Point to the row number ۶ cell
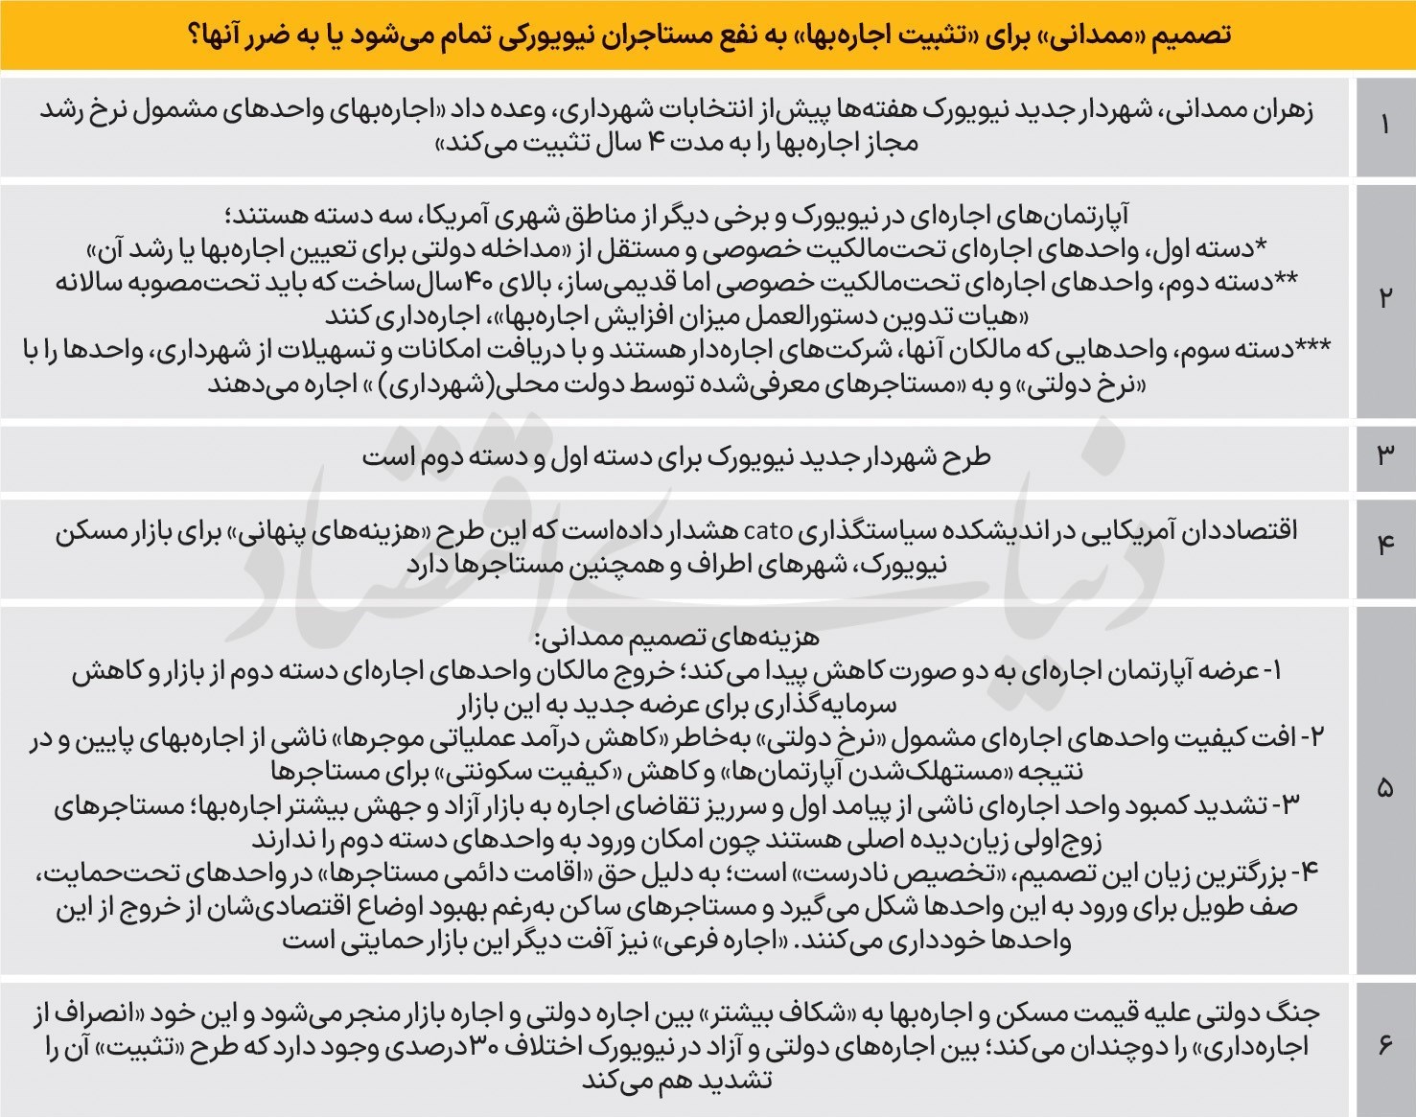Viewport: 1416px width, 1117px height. coord(1384,1045)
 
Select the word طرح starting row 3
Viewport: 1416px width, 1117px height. coord(969,457)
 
